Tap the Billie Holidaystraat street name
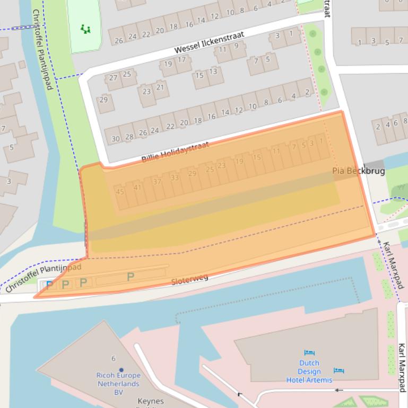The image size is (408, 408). click(x=175, y=152)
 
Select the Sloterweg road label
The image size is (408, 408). click(x=189, y=279)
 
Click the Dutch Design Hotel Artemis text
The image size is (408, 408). click(x=309, y=371)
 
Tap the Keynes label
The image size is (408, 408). click(x=151, y=401)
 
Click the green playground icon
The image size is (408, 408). click(x=85, y=29)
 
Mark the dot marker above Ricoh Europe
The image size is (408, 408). click(x=121, y=370)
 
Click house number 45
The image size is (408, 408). click(x=119, y=192)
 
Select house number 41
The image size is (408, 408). click(x=138, y=187)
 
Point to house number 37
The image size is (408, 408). click(x=157, y=182)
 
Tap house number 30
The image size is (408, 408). click(x=116, y=139)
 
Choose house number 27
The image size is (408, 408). click(x=113, y=78)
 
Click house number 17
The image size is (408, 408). click(x=181, y=60)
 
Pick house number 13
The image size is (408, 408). click(x=213, y=71)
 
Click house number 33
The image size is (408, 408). click(x=175, y=178)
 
